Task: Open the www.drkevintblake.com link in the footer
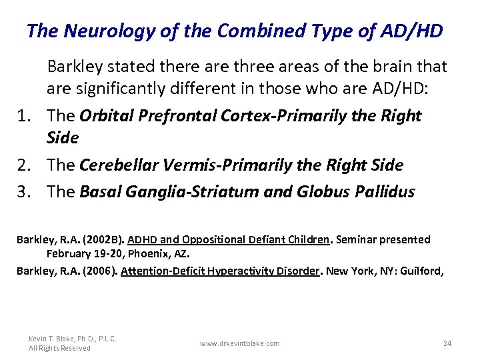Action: (239, 343)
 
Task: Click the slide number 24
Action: (447, 343)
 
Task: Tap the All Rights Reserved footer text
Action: (60, 348)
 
